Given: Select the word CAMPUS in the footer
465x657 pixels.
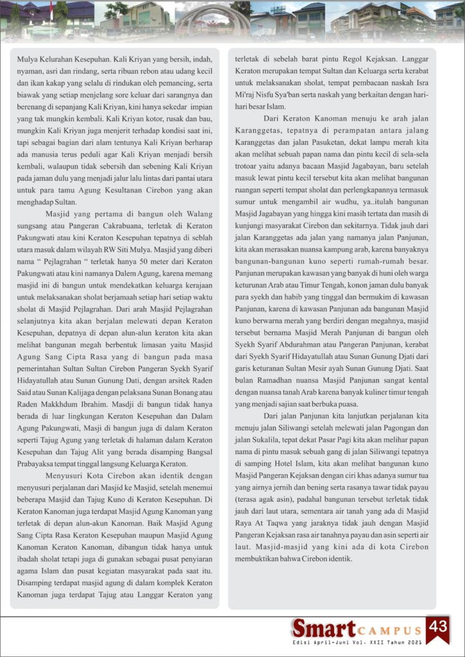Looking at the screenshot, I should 389,631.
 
